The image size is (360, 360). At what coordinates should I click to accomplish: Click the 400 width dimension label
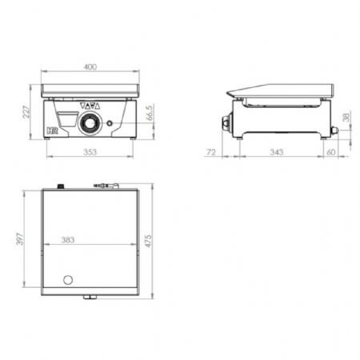coord(90,66)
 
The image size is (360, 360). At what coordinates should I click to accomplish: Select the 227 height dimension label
coord(26,112)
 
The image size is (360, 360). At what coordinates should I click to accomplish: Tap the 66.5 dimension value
coord(150,113)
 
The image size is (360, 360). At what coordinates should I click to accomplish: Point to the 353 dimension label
coord(90,152)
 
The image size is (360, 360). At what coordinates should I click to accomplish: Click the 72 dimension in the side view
coord(211,152)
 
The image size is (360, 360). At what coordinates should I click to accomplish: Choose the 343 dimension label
coord(276,152)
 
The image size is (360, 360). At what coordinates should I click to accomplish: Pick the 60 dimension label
coord(331,152)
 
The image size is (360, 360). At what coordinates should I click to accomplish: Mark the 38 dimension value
coord(346,117)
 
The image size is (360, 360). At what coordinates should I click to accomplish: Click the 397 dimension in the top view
coord(20,238)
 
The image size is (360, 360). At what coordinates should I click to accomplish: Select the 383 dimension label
coord(68,240)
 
